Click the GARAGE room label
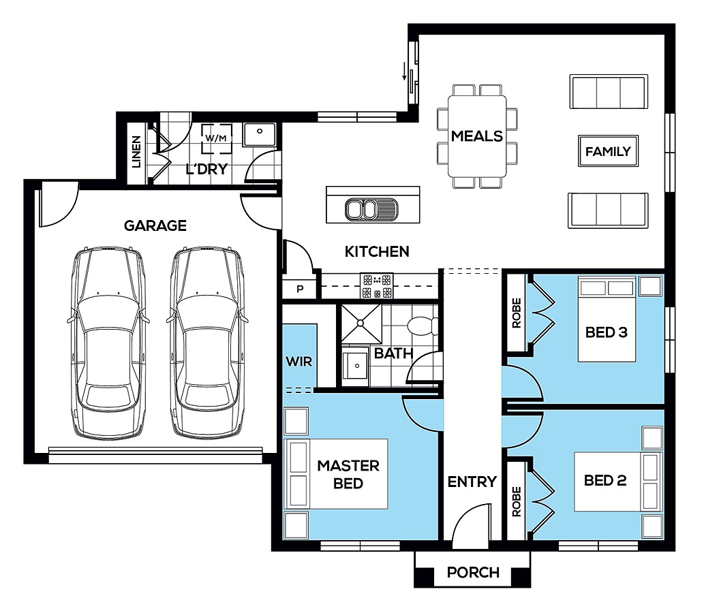point(155,225)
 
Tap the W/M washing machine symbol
point(216,138)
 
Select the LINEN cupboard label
point(136,152)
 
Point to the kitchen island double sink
point(371,209)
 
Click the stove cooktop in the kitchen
point(377,286)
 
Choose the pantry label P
point(300,289)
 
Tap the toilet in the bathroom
point(422,326)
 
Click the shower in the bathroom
point(361,324)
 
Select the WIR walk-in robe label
point(299,361)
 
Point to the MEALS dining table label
point(477,136)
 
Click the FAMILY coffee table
point(608,151)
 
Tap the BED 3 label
point(606,332)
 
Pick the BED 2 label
point(604,480)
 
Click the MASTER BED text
point(348,474)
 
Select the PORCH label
point(473,572)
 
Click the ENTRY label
point(472,482)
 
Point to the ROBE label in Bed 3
point(517,313)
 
